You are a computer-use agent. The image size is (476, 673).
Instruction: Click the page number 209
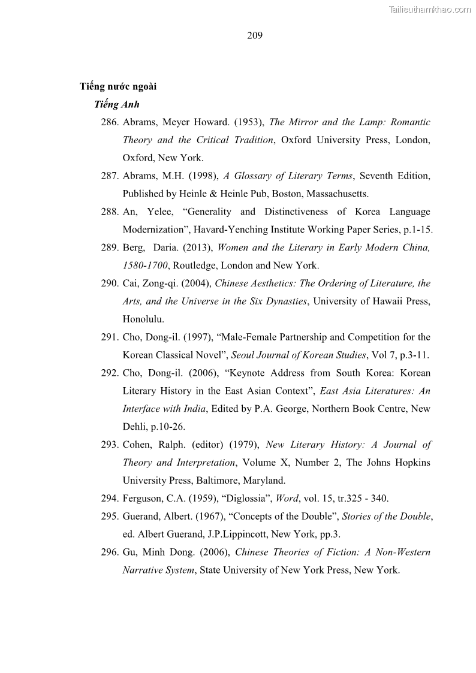[255, 35]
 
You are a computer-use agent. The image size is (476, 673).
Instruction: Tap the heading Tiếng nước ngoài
[118, 86]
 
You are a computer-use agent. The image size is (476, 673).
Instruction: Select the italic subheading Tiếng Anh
[117, 104]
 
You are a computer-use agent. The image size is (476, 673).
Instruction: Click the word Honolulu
[142, 319]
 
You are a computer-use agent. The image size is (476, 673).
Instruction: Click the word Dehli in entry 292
[135, 427]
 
